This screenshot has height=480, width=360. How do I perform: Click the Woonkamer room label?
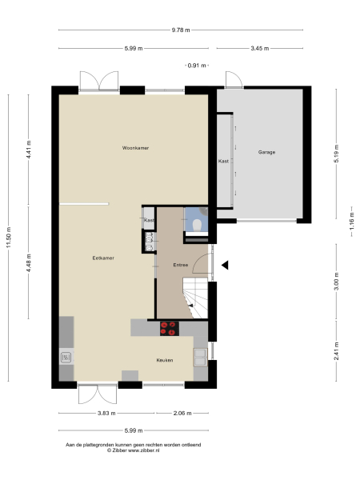click(x=136, y=148)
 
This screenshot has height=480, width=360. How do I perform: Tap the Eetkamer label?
click(x=102, y=258)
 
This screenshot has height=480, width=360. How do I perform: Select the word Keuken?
click(x=165, y=360)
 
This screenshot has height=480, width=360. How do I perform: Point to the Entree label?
click(x=182, y=265)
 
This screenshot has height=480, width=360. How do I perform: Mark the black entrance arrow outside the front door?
click(x=226, y=266)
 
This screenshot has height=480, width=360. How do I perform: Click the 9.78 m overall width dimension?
click(x=180, y=30)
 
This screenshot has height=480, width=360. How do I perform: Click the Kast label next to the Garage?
click(x=223, y=162)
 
